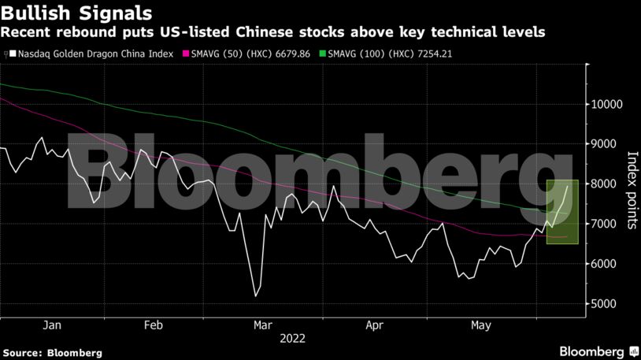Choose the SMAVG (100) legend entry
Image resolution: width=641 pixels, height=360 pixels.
390,54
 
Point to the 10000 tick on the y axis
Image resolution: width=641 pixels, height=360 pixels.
607,105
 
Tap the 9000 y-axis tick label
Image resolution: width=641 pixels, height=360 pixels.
607,144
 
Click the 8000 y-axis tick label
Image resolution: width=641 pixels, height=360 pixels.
607,184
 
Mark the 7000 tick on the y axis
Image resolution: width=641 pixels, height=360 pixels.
607,224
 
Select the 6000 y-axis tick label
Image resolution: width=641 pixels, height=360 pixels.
607,264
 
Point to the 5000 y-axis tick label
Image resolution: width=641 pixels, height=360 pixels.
607,304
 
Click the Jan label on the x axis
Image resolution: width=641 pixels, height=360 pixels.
51,325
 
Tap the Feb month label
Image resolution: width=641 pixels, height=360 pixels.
154,325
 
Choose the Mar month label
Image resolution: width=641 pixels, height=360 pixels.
264,325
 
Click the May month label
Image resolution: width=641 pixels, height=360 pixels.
480,325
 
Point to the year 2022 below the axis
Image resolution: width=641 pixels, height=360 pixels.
292,339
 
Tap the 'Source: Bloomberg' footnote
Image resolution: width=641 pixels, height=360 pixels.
53,353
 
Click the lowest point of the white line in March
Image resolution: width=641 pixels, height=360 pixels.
255,296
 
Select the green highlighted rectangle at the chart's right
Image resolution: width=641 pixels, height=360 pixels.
562,212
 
